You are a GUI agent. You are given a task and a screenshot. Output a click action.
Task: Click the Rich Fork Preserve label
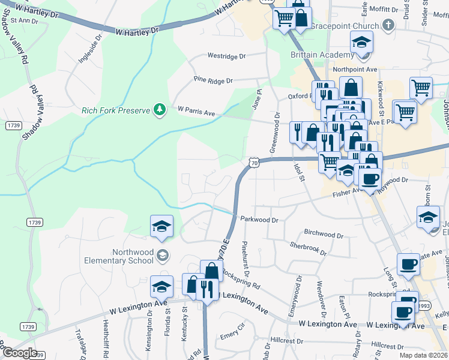(x=116, y=110)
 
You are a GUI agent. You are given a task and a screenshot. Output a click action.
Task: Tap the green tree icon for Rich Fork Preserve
(x=160, y=109)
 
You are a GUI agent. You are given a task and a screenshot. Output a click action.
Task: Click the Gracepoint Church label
(x=349, y=26)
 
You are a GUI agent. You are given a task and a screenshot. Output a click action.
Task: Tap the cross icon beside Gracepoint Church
(x=389, y=25)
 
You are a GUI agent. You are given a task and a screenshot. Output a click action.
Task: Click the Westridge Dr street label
(x=227, y=56)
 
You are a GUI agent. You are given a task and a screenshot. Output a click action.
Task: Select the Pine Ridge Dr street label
(x=212, y=80)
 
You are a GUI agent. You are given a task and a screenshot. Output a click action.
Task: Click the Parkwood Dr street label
(x=260, y=220)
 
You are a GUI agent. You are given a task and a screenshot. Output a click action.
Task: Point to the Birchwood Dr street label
(x=323, y=233)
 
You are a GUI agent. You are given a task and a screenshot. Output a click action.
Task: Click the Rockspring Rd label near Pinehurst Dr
(x=241, y=278)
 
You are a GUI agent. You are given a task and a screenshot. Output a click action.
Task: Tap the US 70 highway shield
(x=255, y=162)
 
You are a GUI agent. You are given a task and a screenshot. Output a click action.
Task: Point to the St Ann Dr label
(x=24, y=21)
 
